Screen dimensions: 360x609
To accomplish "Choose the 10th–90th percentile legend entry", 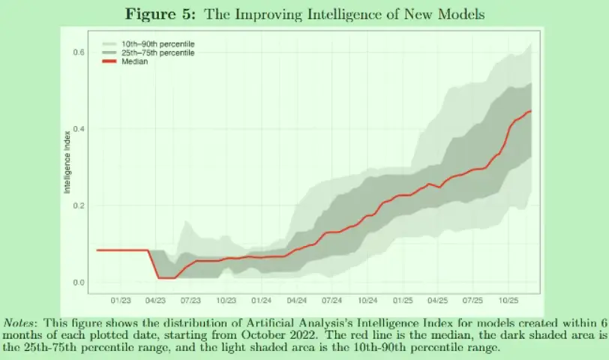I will pyautogui.click(x=157, y=44).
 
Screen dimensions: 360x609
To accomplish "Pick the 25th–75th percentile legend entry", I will pyautogui.click(x=157, y=53).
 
